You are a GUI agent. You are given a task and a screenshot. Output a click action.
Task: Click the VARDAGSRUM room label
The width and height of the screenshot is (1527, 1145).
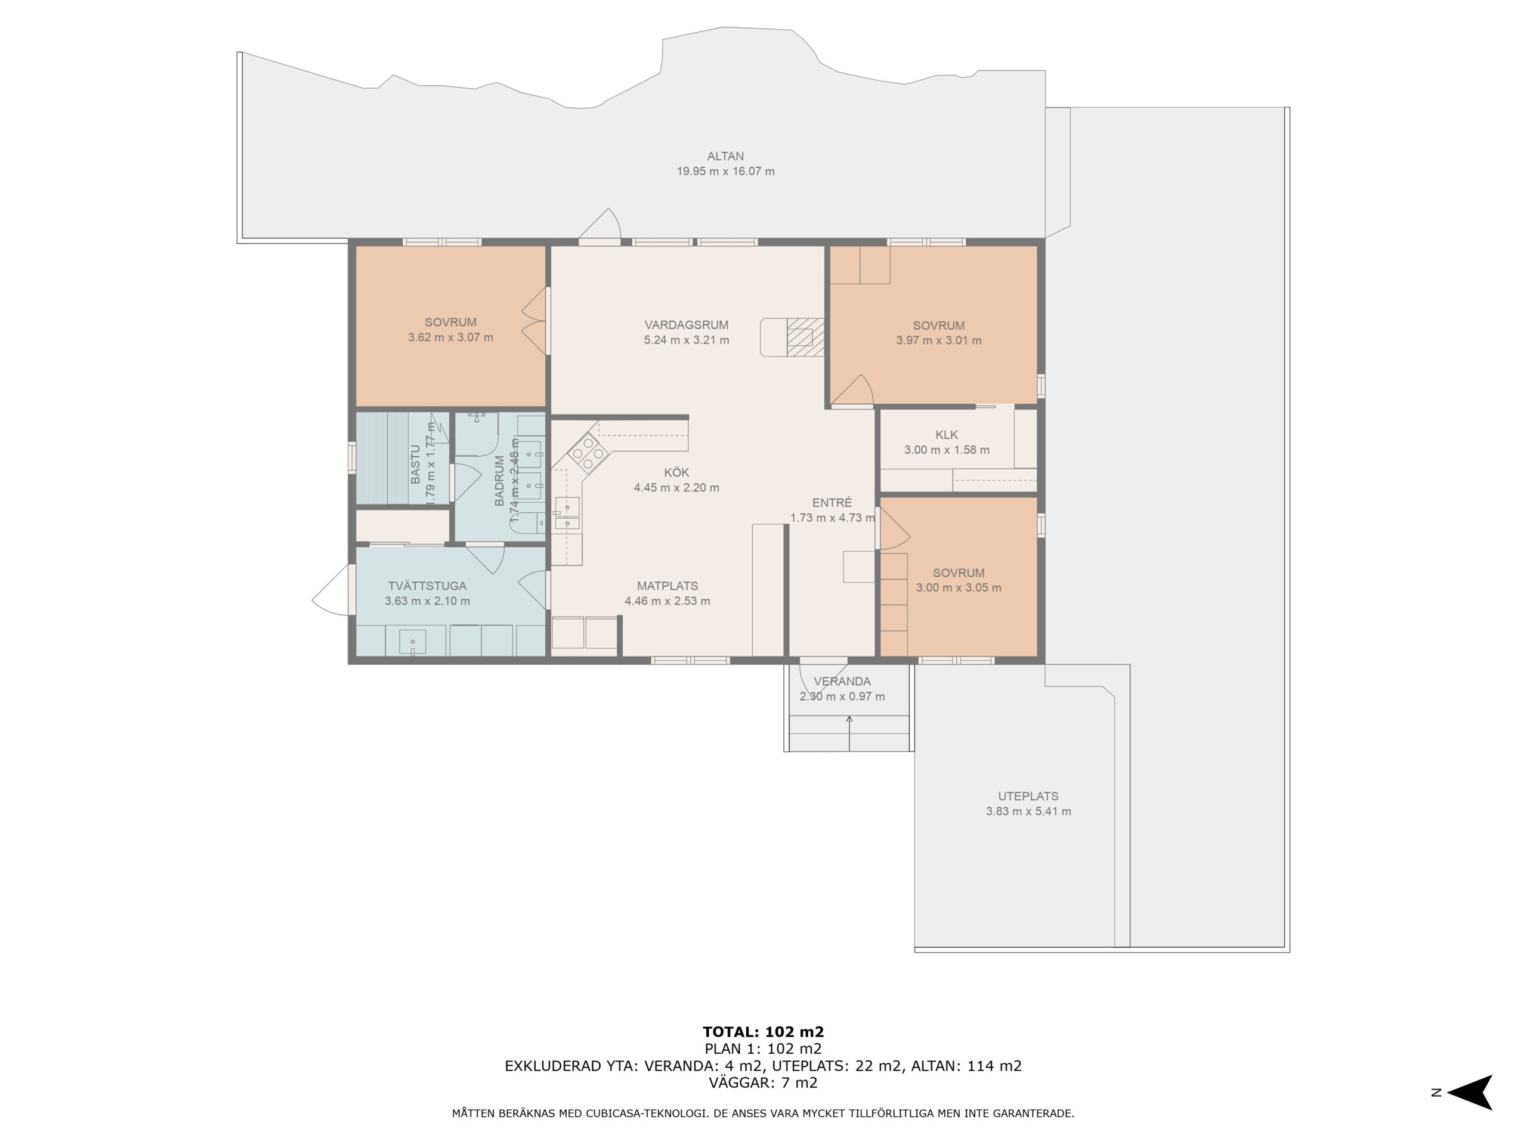coord(686,324)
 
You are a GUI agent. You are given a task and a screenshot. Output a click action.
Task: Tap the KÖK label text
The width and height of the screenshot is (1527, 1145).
coord(676,473)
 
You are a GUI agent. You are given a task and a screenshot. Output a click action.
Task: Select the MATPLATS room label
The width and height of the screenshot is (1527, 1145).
coord(667,586)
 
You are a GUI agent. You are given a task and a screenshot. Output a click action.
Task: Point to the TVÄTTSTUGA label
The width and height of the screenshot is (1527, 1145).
coord(427,586)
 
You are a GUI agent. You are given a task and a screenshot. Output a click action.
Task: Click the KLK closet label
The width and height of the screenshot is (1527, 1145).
coord(947,435)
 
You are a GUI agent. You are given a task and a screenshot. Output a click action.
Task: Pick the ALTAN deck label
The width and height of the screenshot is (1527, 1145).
coord(725,157)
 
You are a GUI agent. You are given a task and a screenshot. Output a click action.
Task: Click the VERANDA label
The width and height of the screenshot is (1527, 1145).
coord(842,681)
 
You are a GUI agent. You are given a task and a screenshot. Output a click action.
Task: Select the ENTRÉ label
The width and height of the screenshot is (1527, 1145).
coord(832,503)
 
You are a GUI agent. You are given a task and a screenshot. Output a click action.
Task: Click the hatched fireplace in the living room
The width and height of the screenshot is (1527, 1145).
coord(805,337)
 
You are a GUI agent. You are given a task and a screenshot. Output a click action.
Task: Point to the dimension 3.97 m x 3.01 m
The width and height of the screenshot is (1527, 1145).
coord(939,341)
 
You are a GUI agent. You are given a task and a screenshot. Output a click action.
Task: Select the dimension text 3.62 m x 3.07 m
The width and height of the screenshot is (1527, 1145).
coord(451,338)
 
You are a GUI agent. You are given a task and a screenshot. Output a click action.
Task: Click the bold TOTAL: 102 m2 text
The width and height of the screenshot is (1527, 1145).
coord(763,1032)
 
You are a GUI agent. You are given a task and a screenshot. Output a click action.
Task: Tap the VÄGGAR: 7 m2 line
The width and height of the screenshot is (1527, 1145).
coord(763,1082)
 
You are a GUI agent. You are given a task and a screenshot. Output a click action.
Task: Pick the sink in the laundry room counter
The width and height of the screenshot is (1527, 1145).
coord(413,642)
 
